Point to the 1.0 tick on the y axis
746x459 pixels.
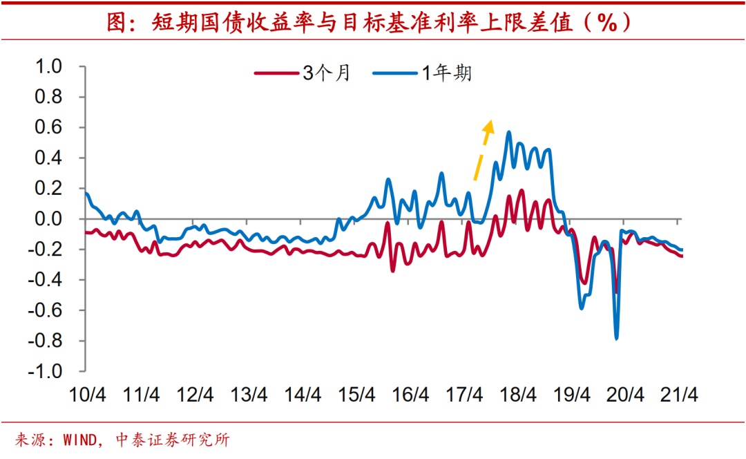point(49,67)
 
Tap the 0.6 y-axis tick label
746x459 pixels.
point(49,128)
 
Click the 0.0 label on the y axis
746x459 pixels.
point(49,219)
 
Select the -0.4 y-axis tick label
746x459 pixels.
point(46,280)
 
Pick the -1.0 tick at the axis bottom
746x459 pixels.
point(46,371)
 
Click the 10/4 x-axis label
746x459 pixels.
point(87,395)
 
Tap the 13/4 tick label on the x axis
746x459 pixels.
point(249,395)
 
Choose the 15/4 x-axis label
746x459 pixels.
point(356,395)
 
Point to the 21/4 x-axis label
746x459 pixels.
point(680,395)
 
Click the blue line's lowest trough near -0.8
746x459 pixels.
point(616,338)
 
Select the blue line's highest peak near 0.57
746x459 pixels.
point(509,132)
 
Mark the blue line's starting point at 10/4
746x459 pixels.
point(86,193)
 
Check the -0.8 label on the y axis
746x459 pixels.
point(46,341)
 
